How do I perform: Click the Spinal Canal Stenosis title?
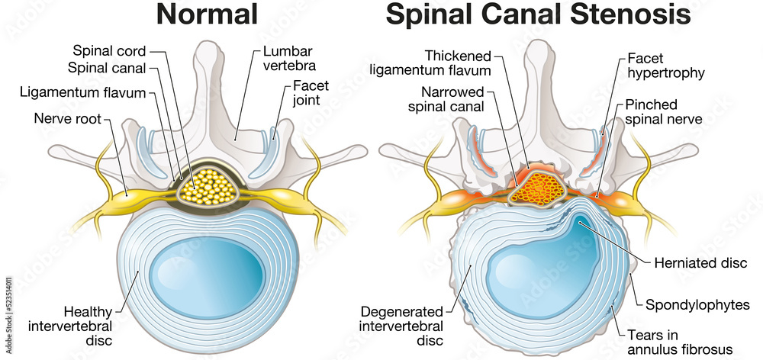tap(538, 16)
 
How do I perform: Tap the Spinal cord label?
tap(108, 52)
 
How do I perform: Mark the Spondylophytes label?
tap(698, 305)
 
